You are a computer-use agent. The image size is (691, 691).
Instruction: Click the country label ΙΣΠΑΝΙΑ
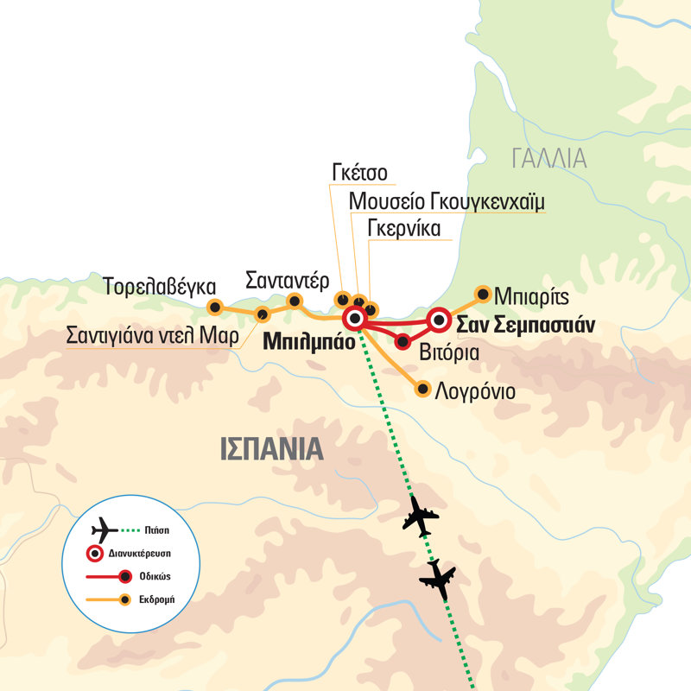(271, 449)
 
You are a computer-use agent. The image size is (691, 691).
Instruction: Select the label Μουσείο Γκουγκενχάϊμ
(447, 201)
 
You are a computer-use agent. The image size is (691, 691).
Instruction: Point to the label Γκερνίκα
(405, 229)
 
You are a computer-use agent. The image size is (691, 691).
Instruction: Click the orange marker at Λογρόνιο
(422, 390)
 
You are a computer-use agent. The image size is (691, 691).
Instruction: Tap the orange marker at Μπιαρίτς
(483, 293)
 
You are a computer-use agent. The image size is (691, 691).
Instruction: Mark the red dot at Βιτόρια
(403, 342)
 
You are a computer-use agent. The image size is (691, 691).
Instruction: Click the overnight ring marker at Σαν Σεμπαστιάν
(439, 320)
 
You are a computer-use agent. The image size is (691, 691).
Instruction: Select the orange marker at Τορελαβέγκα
(215, 306)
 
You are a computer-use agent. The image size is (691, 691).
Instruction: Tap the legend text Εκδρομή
(158, 599)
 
